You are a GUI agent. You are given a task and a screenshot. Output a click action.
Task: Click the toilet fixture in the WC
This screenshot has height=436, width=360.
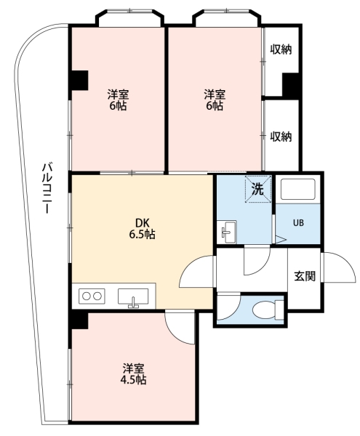pyautogui.click(x=268, y=310)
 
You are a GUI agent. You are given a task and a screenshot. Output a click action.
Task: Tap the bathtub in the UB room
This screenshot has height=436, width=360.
pyautogui.click(x=297, y=190)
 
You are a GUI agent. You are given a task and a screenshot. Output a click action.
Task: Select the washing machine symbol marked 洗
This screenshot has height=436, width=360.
pyautogui.click(x=258, y=190)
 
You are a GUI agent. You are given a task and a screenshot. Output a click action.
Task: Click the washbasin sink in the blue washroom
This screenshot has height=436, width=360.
pyautogui.click(x=226, y=232)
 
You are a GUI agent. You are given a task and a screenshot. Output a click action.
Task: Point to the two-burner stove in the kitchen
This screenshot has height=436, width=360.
pyautogui.click(x=92, y=296)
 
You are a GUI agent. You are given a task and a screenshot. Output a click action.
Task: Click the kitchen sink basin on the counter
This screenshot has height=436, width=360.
pyautogui.click(x=133, y=297)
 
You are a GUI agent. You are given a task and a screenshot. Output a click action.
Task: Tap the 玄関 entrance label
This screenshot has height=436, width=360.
pyautogui.click(x=305, y=276)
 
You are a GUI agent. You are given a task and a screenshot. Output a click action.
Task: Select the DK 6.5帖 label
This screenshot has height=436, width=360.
pyautogui.click(x=142, y=229)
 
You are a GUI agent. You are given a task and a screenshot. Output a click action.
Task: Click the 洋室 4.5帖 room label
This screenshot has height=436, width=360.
pyautogui.click(x=134, y=374)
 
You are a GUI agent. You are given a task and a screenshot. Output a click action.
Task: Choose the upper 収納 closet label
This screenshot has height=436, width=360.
pyautogui.click(x=281, y=49)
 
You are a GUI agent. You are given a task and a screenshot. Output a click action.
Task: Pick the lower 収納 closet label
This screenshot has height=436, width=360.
pyautogui.click(x=281, y=137)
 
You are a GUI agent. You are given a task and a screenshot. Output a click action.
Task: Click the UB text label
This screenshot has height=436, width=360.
pyautogui.click(x=298, y=223)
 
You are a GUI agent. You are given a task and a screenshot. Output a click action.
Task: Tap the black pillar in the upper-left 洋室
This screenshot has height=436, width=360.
pyautogui.click(x=80, y=80)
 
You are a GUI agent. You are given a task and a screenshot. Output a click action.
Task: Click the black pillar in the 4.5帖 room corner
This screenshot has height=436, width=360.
pyautogui.click(x=80, y=320)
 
